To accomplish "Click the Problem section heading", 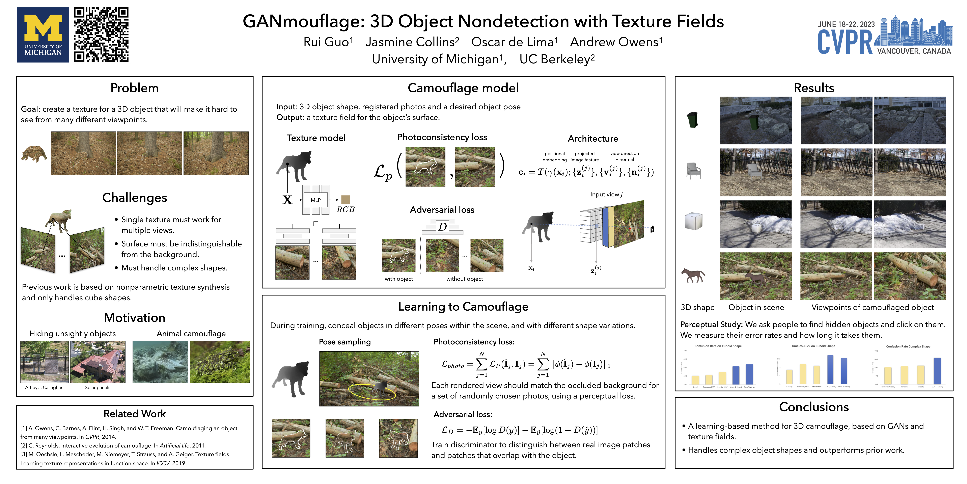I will pos(134,88).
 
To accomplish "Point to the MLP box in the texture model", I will pos(316,200).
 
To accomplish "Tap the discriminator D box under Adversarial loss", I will pos(443,227).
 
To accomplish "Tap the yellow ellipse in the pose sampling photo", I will pos(372,392).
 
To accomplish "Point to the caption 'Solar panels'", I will pos(98,387).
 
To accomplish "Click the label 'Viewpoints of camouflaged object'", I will pos(872,307).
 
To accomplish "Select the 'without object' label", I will pos(464,279).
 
